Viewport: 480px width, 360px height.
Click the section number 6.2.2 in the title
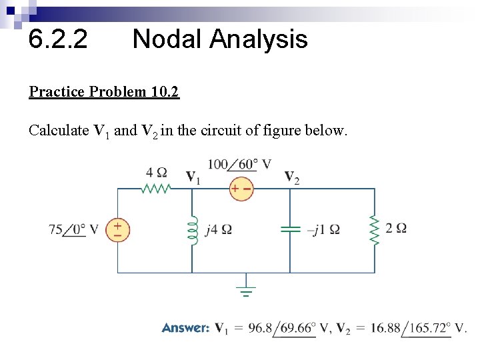click(x=57, y=40)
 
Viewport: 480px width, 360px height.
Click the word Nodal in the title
click(x=167, y=40)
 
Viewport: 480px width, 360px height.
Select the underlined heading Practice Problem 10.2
click(x=104, y=91)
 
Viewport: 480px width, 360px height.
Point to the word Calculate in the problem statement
click(x=59, y=131)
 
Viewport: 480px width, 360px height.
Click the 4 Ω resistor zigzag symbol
click(x=157, y=189)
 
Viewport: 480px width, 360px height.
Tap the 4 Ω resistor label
click(x=157, y=173)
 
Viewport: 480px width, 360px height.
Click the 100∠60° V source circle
click(x=241, y=189)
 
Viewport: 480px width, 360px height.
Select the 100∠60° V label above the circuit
click(x=239, y=164)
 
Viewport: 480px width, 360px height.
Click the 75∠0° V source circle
click(x=118, y=230)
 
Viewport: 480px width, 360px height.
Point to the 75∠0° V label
click(x=73, y=230)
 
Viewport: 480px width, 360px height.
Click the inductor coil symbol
click(x=193, y=230)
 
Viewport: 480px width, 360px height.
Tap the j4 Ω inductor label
click(x=219, y=230)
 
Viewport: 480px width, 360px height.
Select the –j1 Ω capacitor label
click(x=323, y=230)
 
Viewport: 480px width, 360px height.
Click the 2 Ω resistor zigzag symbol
click(x=374, y=230)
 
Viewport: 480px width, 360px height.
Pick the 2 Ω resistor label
click(x=396, y=228)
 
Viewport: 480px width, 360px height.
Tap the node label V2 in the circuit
click(x=291, y=177)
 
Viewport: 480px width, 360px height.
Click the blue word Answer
click(x=185, y=328)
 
